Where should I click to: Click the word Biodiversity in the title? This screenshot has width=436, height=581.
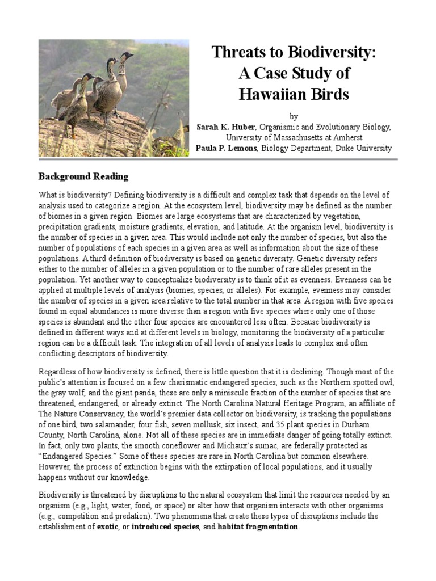[325, 53]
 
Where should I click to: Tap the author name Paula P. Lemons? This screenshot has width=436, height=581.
[230, 148]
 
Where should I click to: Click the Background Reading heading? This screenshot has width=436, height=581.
[83, 176]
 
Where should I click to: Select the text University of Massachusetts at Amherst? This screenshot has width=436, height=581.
[294, 137]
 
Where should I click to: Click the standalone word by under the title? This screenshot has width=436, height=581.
[294, 116]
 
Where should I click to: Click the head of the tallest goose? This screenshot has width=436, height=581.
[126, 56]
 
